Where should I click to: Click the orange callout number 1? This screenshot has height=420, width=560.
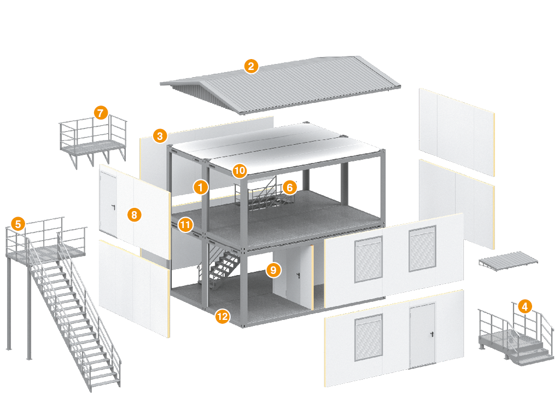point(201,187)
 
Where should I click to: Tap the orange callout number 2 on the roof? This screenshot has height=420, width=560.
point(251,67)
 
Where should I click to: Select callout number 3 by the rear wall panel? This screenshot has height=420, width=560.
point(160,136)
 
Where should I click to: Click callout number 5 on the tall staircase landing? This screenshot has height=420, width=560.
point(19,223)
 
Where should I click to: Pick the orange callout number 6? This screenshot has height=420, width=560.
point(290,187)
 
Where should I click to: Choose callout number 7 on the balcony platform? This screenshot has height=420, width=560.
point(100,113)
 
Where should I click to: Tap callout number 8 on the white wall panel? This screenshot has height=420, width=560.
point(134,214)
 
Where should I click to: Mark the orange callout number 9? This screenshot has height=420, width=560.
point(273,269)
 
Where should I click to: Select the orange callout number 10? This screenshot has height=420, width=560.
point(239,171)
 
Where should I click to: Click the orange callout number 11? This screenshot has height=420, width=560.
point(186,224)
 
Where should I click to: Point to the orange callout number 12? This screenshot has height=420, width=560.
point(222,316)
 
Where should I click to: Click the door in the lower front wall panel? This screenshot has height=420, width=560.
point(422,335)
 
